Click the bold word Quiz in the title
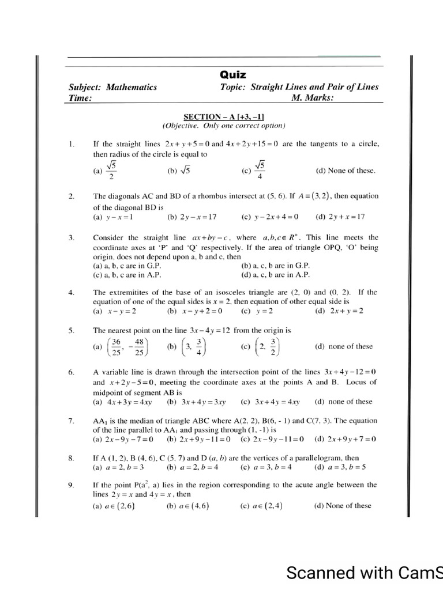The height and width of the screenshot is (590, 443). point(233,75)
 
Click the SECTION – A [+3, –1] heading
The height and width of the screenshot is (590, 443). point(223,116)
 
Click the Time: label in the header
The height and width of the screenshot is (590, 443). point(80,98)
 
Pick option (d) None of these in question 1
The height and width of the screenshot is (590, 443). point(345,171)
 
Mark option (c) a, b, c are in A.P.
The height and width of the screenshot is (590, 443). point(127,274)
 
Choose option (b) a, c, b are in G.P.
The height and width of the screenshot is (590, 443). point(276,266)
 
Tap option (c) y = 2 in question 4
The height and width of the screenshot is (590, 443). point(257,311)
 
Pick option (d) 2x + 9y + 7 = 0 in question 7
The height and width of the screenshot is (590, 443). point(345,439)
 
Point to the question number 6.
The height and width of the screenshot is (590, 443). point(71,372)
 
